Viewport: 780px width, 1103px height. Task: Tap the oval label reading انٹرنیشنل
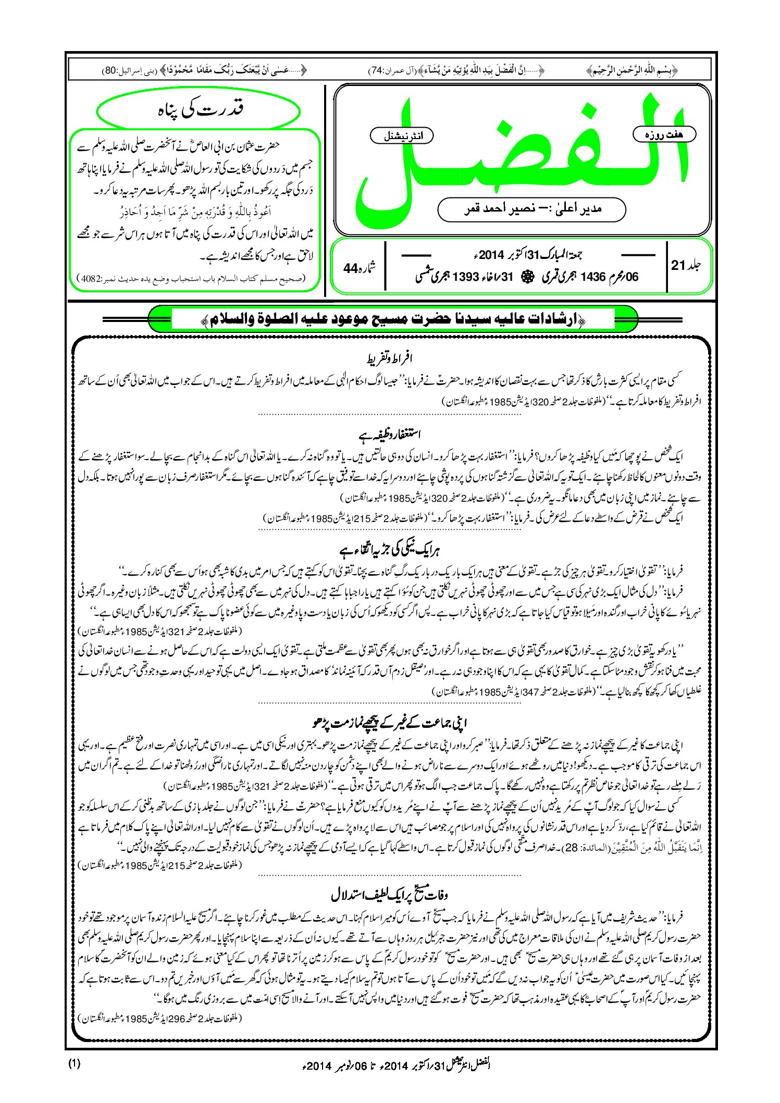click(401, 136)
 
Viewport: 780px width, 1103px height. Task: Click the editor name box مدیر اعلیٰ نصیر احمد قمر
click(531, 209)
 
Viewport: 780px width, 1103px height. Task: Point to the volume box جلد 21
click(686, 265)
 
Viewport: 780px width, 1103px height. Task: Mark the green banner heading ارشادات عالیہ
click(393, 319)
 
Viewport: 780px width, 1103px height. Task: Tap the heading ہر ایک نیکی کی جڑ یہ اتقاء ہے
click(390, 550)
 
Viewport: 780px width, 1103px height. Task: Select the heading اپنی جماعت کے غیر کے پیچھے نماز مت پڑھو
click(390, 723)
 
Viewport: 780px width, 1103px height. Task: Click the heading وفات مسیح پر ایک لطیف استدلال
click(390, 895)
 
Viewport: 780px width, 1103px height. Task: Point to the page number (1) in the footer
click(74, 1063)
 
